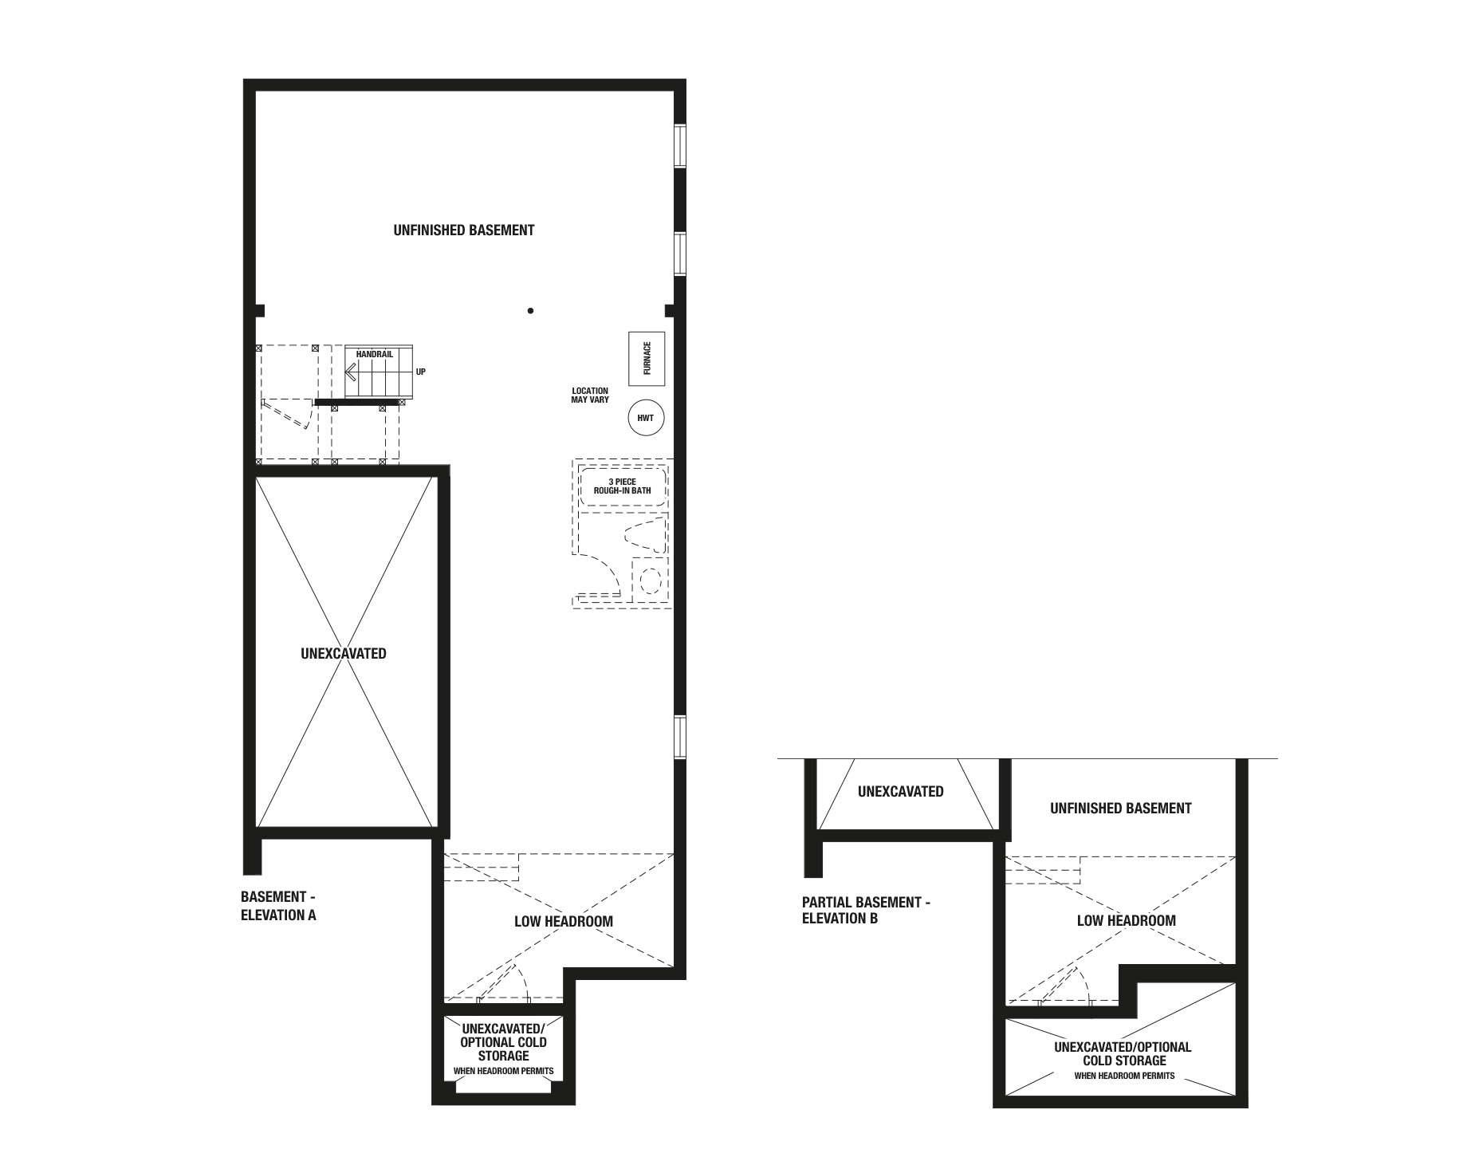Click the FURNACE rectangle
(x=647, y=358)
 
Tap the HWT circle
(x=646, y=417)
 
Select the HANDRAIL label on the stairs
(x=374, y=354)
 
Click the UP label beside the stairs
(x=421, y=372)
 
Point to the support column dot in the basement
(x=530, y=310)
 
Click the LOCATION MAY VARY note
(x=590, y=396)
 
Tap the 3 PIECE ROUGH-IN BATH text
(x=622, y=486)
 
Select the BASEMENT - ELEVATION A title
(x=279, y=906)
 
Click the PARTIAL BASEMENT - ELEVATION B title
(x=866, y=910)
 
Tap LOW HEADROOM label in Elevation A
(x=564, y=922)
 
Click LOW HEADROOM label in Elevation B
(x=1126, y=921)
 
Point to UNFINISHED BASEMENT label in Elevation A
(x=464, y=230)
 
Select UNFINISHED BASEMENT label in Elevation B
(x=1120, y=809)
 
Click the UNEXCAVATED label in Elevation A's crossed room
(x=344, y=654)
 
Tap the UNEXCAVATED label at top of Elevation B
(x=901, y=792)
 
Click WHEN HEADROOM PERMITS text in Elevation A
(x=503, y=1071)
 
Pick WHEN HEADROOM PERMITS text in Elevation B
(x=1124, y=1076)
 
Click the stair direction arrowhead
(x=350, y=372)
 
